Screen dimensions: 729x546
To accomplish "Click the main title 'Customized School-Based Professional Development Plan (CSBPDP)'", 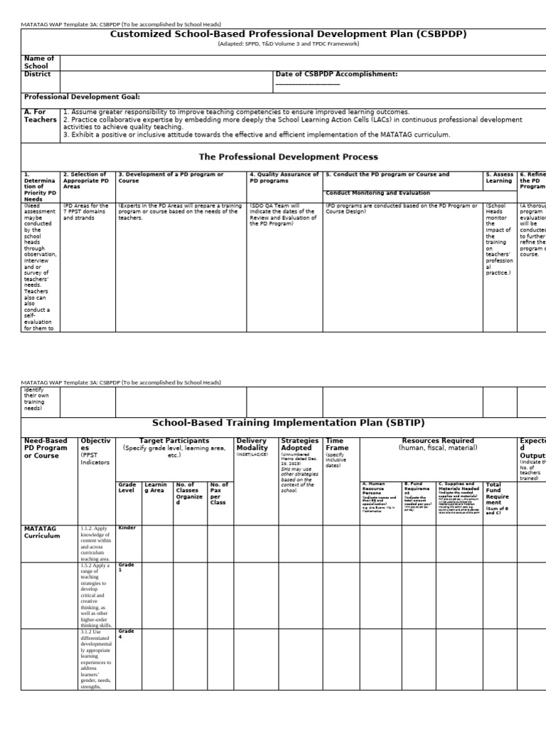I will coord(288,34).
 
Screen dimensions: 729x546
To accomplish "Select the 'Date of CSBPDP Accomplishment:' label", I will coord(336,74).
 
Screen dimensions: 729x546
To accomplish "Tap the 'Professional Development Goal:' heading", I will coord(82,97).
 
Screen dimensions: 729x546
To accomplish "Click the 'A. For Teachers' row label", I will coord(40,116).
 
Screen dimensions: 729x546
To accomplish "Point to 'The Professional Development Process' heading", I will coord(288,157).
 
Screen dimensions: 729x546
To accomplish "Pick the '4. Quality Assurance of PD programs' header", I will coord(284,177).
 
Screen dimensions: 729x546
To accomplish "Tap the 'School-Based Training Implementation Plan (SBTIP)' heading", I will coord(288,422).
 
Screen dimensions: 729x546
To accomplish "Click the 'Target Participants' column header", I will coord(174,441).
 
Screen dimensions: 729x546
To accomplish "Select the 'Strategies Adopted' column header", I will coord(299,445).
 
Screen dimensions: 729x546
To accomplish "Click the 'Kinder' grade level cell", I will coord(127,529).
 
